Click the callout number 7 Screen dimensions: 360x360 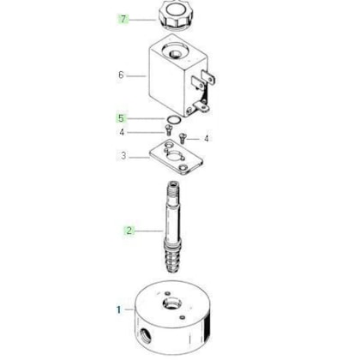(x=123, y=20)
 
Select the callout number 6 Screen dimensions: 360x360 (x=121, y=75)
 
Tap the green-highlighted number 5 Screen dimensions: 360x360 (x=122, y=118)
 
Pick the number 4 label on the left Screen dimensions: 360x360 (x=122, y=133)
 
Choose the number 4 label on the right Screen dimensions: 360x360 (x=207, y=139)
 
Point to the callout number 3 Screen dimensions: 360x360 (x=123, y=156)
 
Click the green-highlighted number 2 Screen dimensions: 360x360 (x=129, y=231)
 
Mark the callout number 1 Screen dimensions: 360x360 (x=119, y=309)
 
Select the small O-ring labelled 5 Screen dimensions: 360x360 (x=173, y=120)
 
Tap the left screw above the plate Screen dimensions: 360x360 (x=168, y=130)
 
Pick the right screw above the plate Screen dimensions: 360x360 (x=182, y=138)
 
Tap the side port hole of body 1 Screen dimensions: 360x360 (x=146, y=333)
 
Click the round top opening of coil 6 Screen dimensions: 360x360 (x=173, y=52)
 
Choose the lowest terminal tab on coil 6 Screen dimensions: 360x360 (x=201, y=107)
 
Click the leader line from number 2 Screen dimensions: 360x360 (x=148, y=231)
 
